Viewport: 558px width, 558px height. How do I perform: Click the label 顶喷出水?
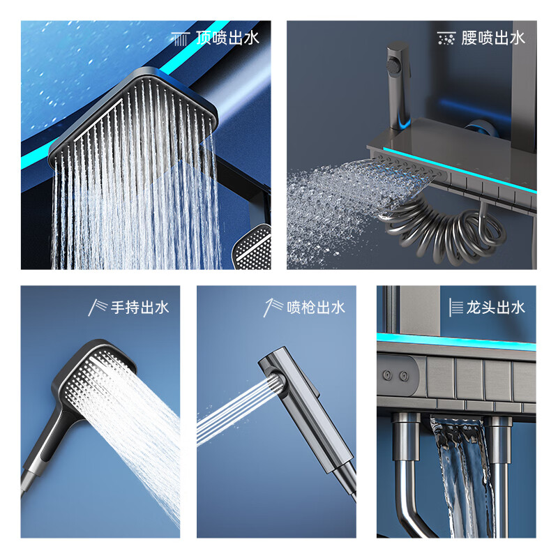point(227,38)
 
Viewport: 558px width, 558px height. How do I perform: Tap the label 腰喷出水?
point(493,38)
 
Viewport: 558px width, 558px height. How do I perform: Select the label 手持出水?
point(139,307)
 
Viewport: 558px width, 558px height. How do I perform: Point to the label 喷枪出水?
point(316,307)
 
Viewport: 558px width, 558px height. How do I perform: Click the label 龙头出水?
point(496,307)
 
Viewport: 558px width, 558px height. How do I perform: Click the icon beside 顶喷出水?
point(181,38)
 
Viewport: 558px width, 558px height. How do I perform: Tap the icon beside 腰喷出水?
point(446,38)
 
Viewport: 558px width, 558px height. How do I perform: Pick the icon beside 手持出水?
point(97,307)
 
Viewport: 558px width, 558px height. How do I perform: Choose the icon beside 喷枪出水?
point(273,307)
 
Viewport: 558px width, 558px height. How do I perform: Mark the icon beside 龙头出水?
point(455,307)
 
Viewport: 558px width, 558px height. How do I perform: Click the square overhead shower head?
point(139,119)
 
